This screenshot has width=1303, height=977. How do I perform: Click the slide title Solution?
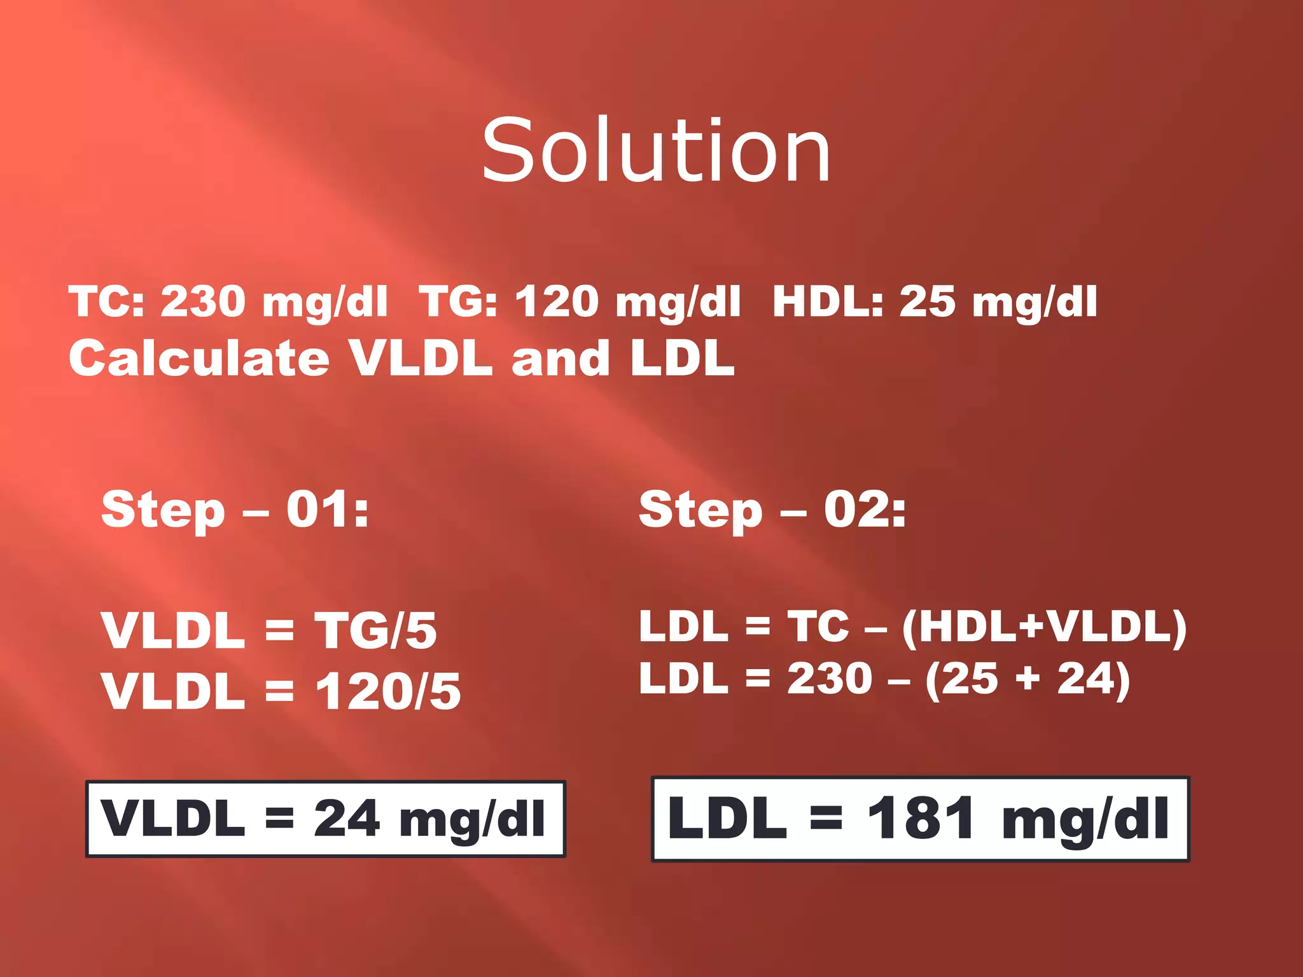point(656,151)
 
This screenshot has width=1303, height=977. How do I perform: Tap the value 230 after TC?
point(203,301)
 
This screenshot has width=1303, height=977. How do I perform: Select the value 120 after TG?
point(557,301)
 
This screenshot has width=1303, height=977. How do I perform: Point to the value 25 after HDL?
point(927,301)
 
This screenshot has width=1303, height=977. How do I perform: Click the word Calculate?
point(199,358)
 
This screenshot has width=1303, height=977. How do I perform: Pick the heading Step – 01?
point(235,509)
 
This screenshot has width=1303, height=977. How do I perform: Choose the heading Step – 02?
point(772,509)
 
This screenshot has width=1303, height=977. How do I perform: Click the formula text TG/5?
point(375,630)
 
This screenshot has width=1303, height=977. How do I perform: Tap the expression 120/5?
point(388,691)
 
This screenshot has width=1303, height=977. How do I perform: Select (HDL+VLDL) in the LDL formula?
point(1044,627)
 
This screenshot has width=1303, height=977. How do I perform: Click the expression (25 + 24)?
point(1028,679)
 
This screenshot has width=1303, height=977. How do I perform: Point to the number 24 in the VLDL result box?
point(347,819)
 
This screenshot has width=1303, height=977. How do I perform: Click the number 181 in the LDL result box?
point(921,819)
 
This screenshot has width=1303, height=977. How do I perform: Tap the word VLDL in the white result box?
point(172,819)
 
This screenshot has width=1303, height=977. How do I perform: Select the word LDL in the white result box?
point(727,819)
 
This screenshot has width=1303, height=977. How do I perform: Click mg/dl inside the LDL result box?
point(1085,820)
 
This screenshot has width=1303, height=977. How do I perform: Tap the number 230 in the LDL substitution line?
point(829,679)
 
